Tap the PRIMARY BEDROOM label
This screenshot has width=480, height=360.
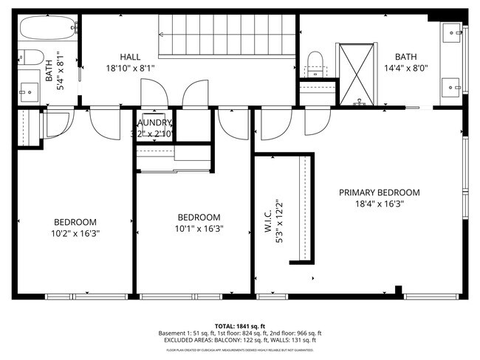[379, 193]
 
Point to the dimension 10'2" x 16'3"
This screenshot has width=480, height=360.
[75, 233]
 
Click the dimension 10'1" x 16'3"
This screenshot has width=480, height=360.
[199, 229]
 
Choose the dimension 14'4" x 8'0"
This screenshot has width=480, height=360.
[405, 68]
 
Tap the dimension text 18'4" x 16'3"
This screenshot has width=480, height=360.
[379, 204]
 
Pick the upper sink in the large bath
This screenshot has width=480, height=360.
[453, 33]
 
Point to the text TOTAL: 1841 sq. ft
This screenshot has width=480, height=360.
[239, 325]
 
